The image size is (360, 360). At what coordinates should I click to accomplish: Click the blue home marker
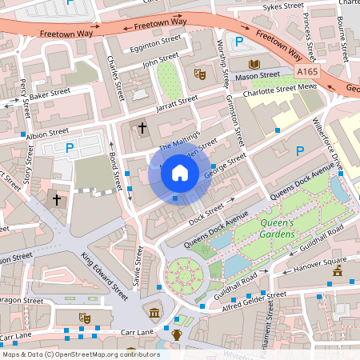click(x=180, y=171)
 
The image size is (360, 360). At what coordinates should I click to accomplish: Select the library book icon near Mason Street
click(x=254, y=64)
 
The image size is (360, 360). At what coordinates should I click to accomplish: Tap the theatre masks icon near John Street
click(x=200, y=74)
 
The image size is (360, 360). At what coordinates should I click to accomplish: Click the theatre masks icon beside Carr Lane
click(x=82, y=318)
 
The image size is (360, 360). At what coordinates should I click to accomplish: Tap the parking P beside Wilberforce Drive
click(x=301, y=150)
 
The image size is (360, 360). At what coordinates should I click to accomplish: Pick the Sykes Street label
click(x=285, y=8)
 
